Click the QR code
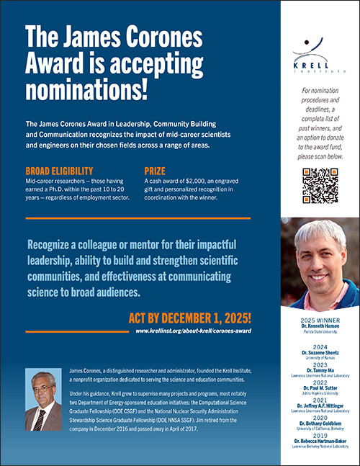(319, 186)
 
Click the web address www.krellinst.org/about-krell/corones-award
(192, 331)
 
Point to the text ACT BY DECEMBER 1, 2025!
(189, 317)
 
